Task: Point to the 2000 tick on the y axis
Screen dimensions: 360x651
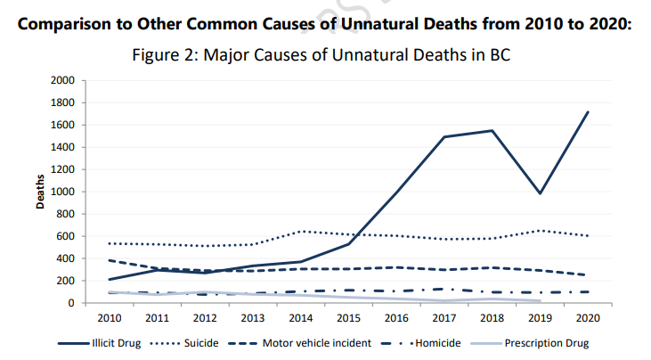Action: point(62,80)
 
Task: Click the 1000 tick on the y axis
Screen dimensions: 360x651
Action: point(62,192)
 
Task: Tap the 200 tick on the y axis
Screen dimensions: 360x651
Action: point(65,281)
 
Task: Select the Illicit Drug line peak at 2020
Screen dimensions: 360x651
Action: point(588,112)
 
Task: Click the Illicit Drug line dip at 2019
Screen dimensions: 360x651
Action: point(540,193)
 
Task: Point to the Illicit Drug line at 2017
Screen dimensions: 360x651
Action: point(443,137)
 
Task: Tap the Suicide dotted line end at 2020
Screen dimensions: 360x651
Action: point(588,235)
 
